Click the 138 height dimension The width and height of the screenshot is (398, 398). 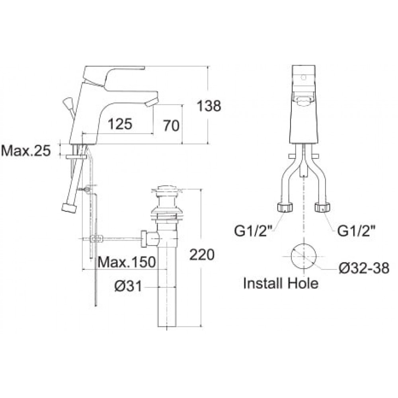coord(209,106)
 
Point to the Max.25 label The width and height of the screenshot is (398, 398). coord(26,151)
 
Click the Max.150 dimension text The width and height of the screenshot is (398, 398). coord(126,262)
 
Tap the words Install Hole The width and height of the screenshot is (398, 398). coord(281,284)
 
